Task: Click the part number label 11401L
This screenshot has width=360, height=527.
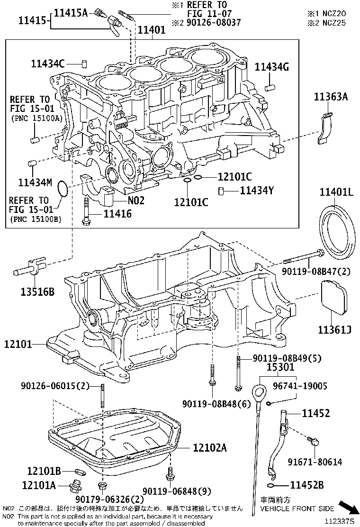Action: click(336, 192)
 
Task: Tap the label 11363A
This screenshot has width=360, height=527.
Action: click(331, 97)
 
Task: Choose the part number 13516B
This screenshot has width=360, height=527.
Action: click(37, 292)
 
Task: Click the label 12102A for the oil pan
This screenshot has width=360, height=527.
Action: click(209, 448)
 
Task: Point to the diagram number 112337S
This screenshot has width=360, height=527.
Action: click(339, 521)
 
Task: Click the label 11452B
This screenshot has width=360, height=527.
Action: click(306, 485)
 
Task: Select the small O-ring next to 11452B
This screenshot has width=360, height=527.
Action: click(271, 485)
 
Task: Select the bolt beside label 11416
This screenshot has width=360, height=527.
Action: click(86, 210)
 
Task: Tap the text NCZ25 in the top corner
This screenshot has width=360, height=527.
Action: click(334, 23)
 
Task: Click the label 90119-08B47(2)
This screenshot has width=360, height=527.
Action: click(316, 272)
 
